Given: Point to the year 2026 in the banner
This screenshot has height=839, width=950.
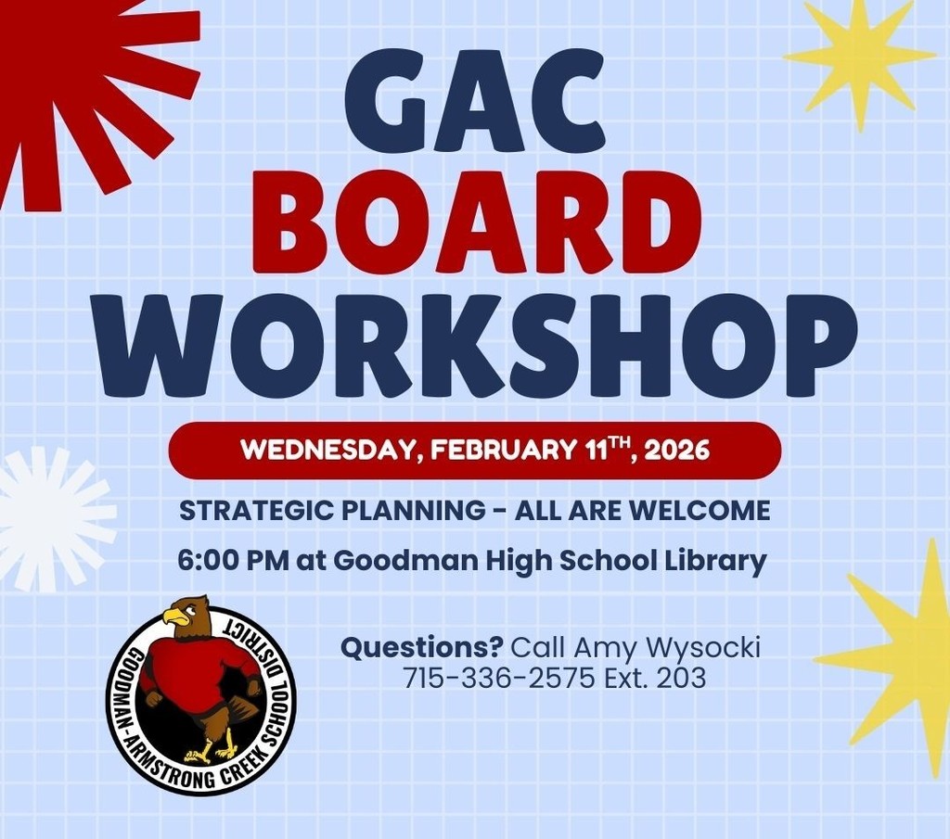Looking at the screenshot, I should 676,451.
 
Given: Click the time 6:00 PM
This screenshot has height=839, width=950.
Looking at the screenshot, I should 233,561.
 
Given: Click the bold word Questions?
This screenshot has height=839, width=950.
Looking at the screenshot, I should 423,646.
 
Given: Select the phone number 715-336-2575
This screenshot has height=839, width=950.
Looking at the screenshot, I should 499,679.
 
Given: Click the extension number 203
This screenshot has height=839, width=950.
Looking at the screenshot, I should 681,679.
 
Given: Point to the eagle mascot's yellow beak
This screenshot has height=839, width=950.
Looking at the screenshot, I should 174,617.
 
